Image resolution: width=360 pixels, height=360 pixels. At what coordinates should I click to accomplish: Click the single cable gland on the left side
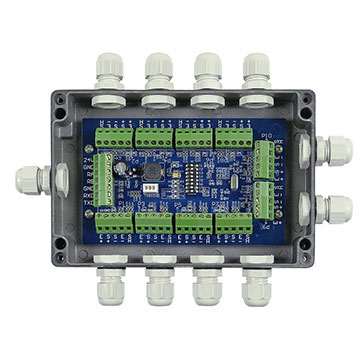30,183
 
